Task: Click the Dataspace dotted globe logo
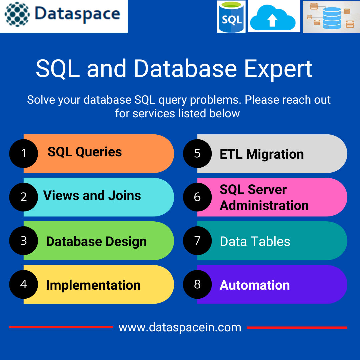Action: [17, 14]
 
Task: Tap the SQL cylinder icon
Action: [231, 17]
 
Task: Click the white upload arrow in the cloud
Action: [272, 20]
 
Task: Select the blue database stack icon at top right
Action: [332, 18]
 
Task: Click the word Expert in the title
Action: [278, 69]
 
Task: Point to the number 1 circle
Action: [24, 153]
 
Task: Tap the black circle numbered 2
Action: [24, 197]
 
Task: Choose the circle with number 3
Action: [24, 241]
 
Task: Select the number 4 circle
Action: [24, 284]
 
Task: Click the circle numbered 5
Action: [197, 153]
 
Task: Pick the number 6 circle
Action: [197, 197]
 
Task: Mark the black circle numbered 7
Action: [197, 241]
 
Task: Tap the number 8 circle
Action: [197, 284]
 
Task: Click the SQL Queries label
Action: [85, 152]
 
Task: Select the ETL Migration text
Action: [262, 154]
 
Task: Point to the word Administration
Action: [264, 205]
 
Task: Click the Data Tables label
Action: [255, 241]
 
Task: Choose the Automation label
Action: [255, 285]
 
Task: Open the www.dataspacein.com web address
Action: [180, 327]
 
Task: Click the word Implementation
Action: [93, 285]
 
